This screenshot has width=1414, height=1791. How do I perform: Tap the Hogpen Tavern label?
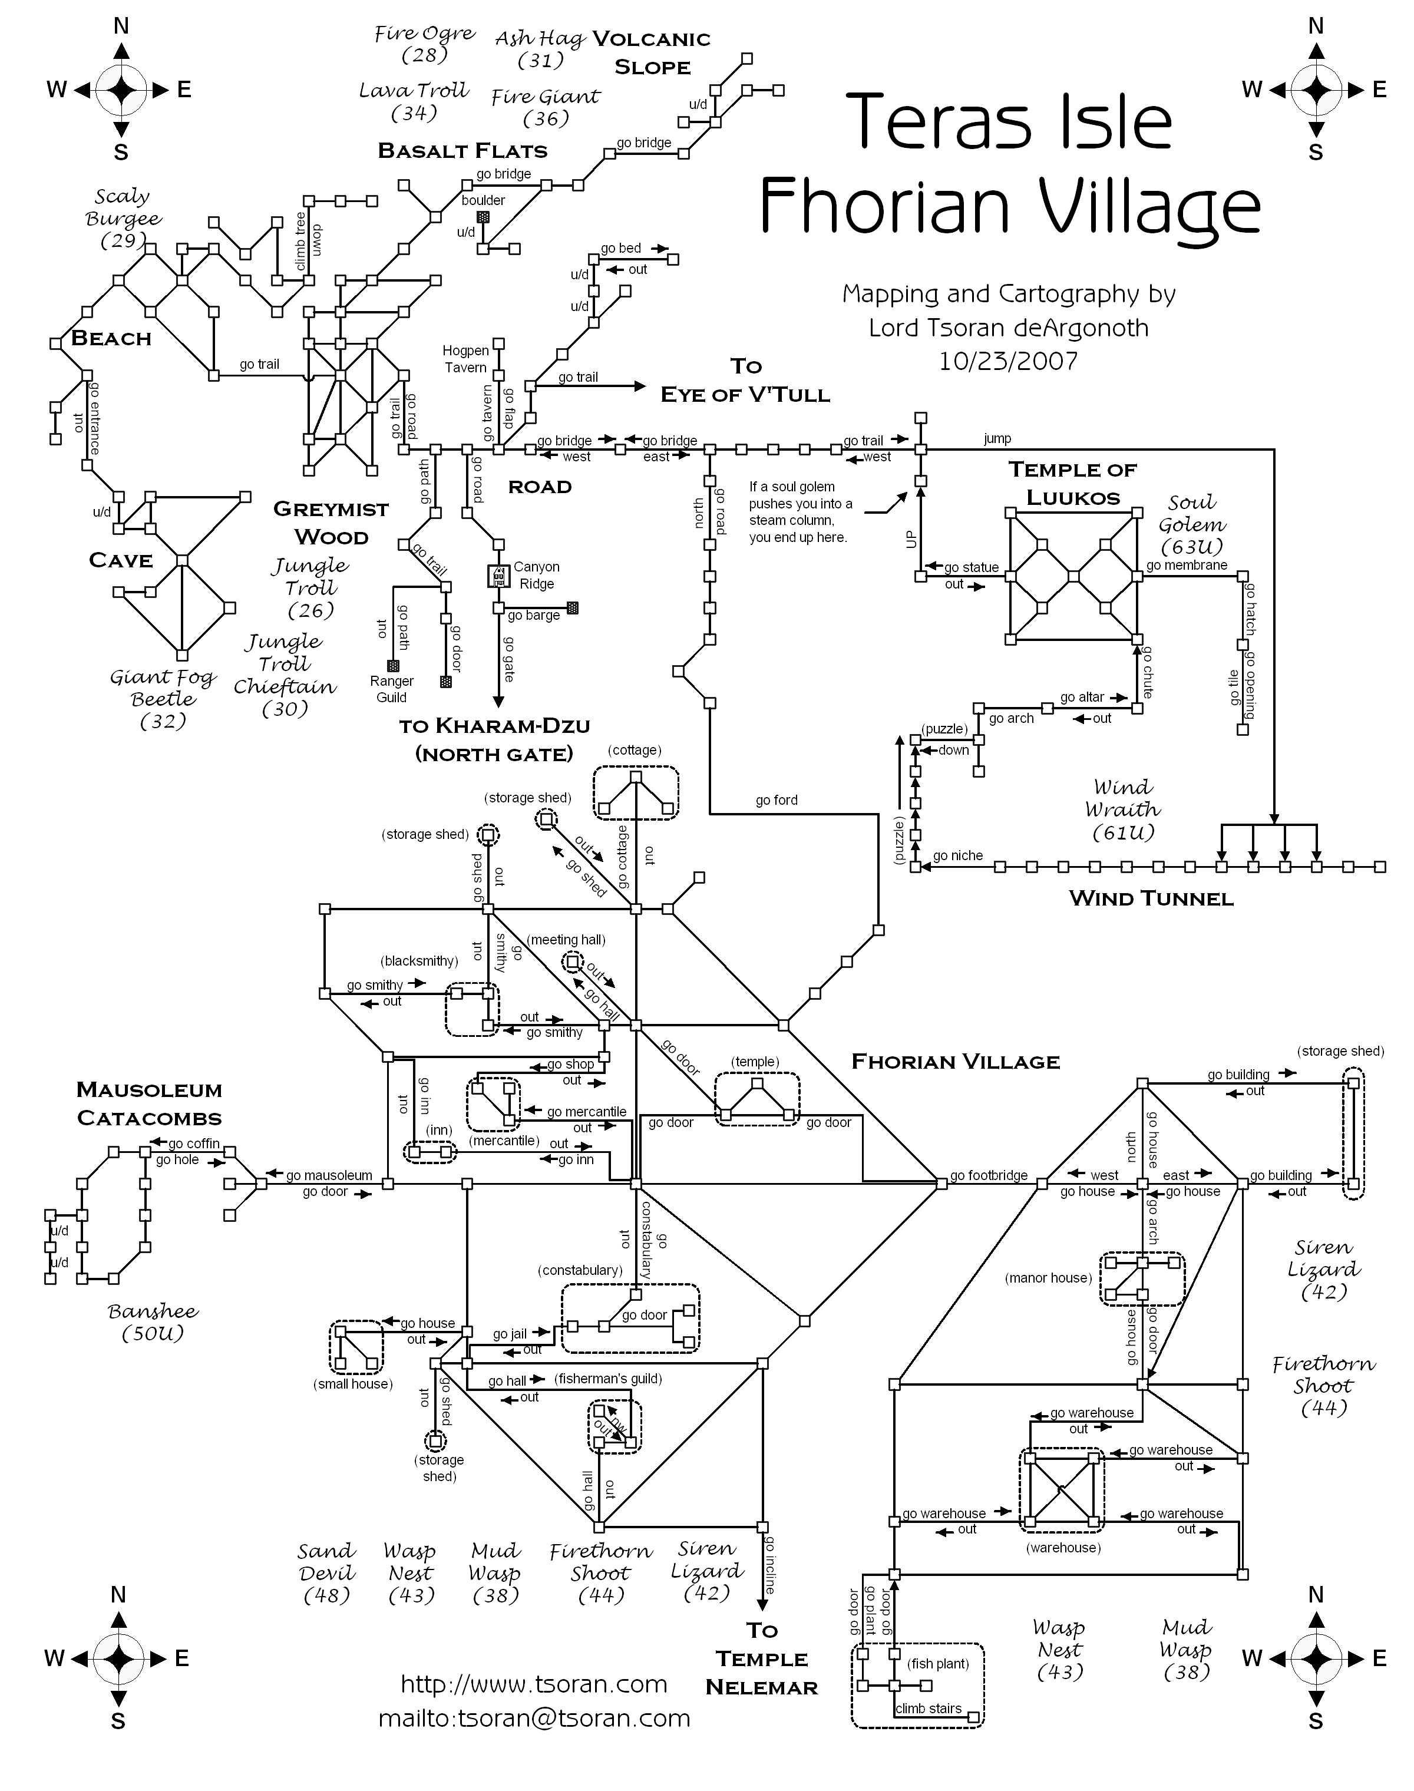465,359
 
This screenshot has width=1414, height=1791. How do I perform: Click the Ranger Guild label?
392,689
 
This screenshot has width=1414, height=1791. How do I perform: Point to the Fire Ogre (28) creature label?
425,44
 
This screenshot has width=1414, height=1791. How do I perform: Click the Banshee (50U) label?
153,1321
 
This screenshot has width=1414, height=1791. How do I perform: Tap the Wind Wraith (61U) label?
1122,809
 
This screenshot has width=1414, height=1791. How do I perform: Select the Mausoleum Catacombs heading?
149,1104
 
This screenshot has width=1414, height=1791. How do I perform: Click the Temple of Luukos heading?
1073,483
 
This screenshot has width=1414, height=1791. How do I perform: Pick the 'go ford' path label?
776,800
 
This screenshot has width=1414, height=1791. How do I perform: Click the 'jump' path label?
997,439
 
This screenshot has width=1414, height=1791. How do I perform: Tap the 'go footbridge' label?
989,1175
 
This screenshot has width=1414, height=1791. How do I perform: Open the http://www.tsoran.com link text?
534,1684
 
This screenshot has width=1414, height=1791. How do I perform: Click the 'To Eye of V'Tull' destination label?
745,381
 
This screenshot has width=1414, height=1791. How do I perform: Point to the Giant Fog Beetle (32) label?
163,699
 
